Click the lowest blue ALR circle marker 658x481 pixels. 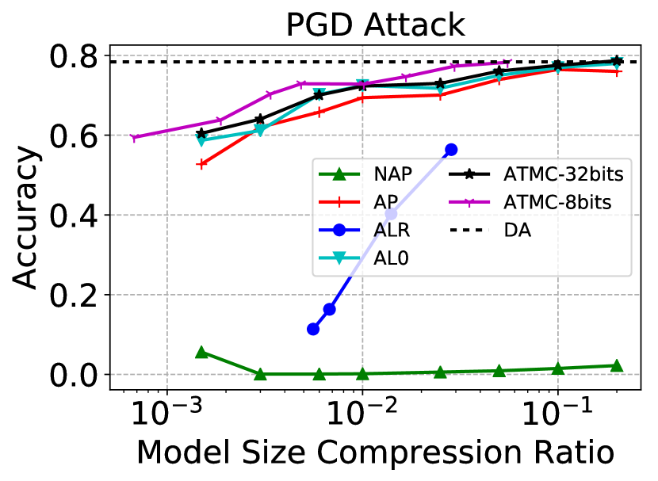[x=313, y=329]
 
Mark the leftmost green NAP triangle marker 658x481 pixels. [x=201, y=352]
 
